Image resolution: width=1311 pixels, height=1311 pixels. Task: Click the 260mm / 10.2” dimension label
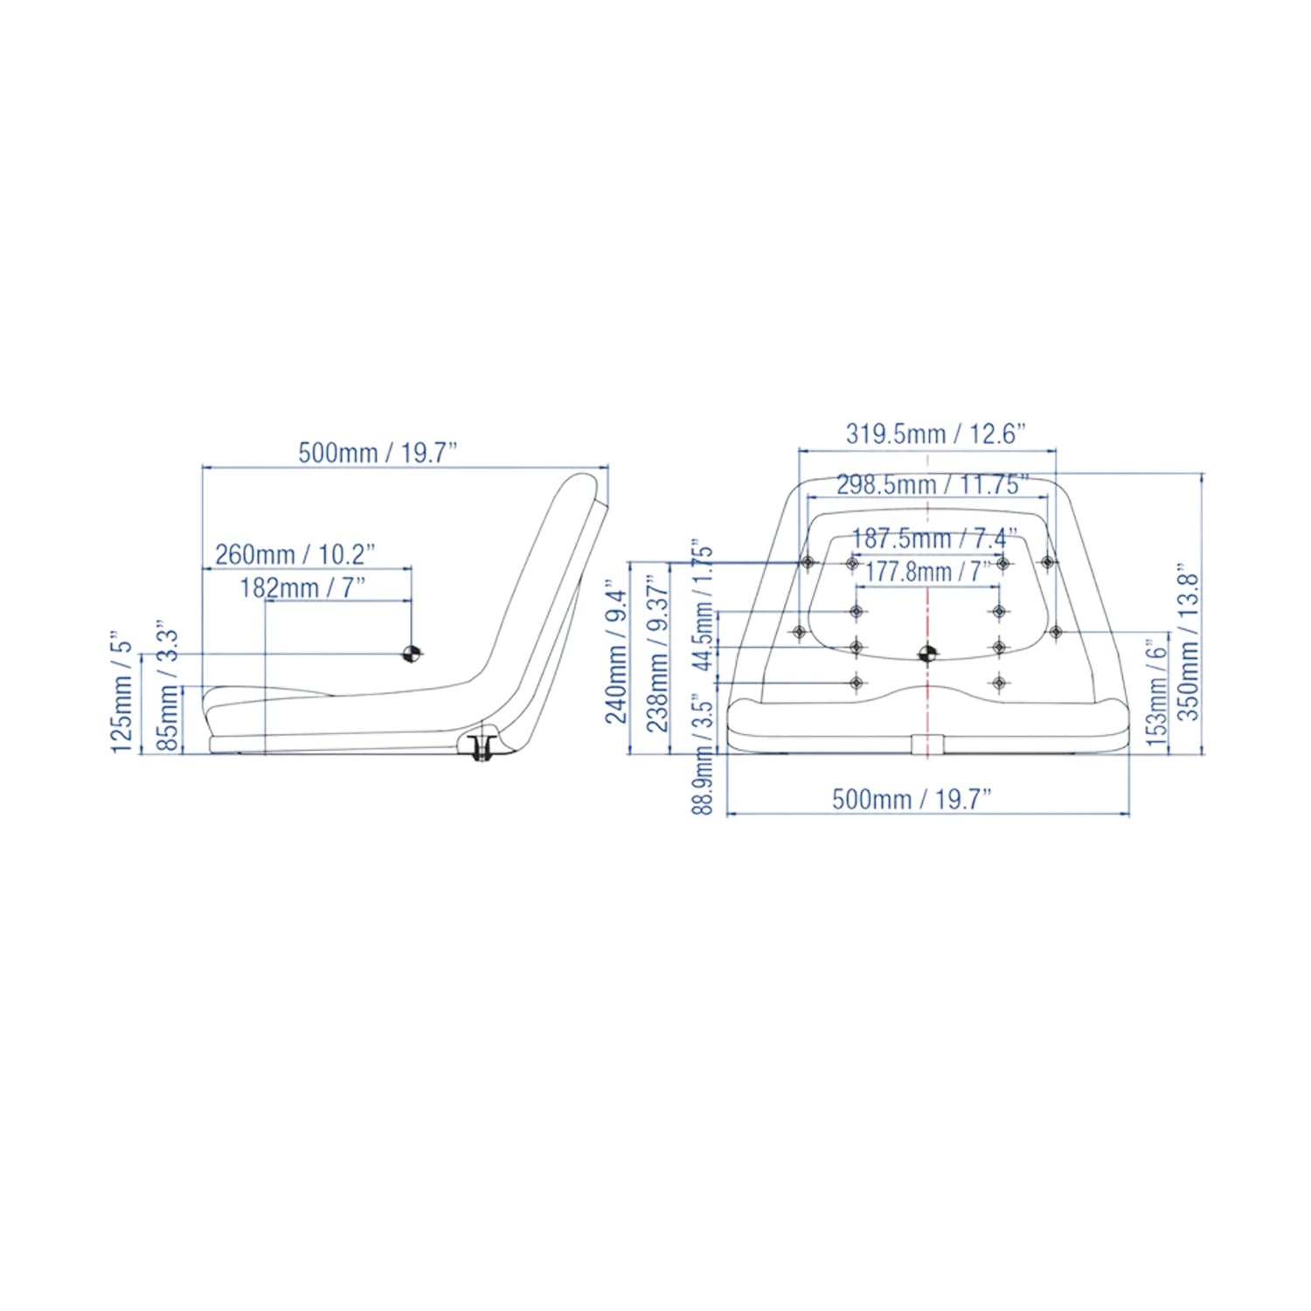pos(295,554)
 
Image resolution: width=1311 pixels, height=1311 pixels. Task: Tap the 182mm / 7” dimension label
pos(302,587)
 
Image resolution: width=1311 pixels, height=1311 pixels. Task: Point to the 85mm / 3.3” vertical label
pos(167,690)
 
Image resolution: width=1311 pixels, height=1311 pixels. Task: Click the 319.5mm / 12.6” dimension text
pos(936,434)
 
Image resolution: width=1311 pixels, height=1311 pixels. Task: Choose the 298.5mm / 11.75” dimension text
pos(933,484)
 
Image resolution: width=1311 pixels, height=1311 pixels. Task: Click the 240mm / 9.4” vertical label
pos(617,655)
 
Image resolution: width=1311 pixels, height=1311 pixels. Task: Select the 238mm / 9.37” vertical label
pos(657,652)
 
